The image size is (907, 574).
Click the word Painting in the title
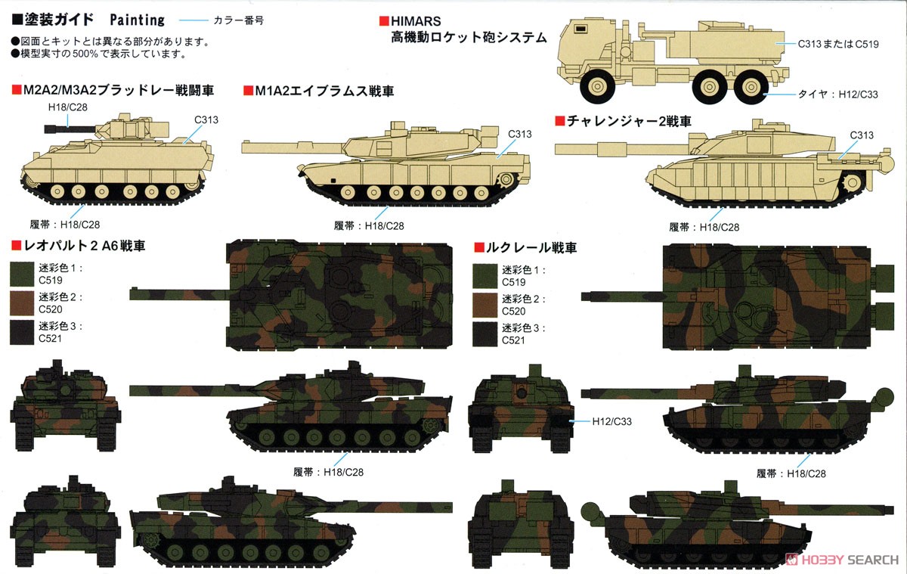pos(138,20)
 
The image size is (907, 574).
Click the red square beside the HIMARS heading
pos(384,21)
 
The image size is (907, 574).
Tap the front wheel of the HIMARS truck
pos(597,86)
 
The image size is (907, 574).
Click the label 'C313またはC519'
pos(838,44)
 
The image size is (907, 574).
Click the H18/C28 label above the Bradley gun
pos(67,107)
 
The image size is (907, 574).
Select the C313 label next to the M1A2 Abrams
pos(519,134)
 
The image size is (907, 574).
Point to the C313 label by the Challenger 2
pos(862,135)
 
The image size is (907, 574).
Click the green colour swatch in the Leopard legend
pos(22,275)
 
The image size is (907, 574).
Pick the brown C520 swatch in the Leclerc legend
pos(484,305)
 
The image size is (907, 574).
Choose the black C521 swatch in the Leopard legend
pos(22,333)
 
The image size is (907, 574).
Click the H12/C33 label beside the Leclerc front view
pos(611,422)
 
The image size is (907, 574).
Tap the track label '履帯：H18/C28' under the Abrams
pos(369,226)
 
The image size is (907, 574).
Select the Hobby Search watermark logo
pos(842,560)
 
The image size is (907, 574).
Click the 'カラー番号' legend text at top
pos(239,20)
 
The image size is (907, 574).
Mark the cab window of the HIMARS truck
pos(580,28)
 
